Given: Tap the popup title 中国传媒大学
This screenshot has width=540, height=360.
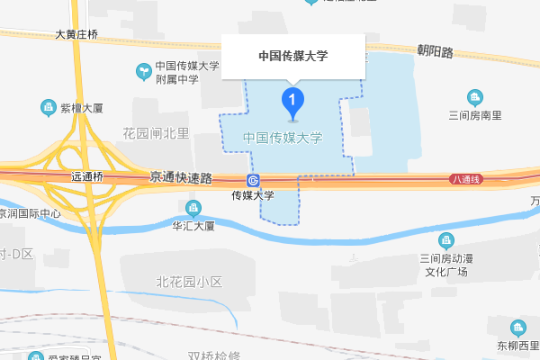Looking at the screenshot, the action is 292,56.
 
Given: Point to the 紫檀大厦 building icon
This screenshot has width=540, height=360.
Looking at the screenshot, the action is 48,108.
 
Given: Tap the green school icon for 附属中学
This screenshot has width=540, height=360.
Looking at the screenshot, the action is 142,70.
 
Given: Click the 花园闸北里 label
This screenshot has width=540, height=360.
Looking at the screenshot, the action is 156,134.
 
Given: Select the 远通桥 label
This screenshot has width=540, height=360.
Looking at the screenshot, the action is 88,177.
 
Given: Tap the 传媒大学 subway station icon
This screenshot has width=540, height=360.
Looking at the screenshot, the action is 253,179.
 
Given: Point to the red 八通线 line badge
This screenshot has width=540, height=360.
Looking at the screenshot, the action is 466,180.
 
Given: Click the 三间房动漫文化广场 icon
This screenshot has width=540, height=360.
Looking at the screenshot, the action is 446,240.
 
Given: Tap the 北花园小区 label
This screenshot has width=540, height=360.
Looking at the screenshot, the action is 189,282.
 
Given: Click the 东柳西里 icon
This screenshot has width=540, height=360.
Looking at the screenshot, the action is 517,328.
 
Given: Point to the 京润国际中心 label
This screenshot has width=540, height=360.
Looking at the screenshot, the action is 31,214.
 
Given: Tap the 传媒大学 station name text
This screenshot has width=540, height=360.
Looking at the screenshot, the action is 253,195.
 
